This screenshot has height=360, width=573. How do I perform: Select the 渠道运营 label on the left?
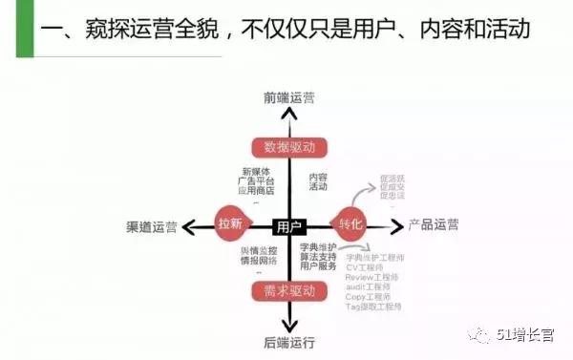[x=151, y=226]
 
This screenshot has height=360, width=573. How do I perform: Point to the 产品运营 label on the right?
[x=433, y=225]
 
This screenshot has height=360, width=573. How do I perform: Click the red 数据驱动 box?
[x=289, y=147]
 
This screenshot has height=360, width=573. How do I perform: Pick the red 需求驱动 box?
[x=289, y=289]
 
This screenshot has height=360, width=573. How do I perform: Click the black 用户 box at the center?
[x=288, y=226]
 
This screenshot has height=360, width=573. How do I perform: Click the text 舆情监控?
[x=258, y=250]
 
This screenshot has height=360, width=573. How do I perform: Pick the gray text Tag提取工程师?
[x=373, y=307]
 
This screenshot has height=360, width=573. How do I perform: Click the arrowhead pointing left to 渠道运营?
[x=188, y=226]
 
